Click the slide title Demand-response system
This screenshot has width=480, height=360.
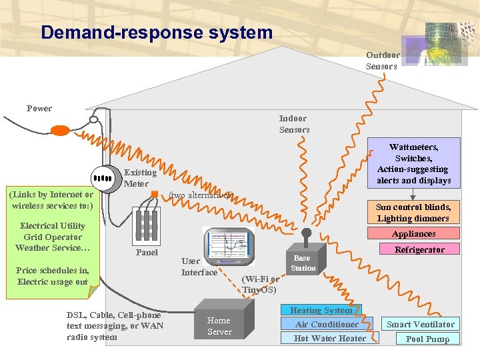coord(156,32)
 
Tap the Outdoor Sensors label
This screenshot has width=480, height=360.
coord(382,61)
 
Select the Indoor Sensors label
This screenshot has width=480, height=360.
coord(294,125)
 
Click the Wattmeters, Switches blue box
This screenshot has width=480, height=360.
coord(413,163)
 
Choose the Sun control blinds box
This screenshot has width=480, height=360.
coord(413,213)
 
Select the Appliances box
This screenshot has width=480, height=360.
coord(413,233)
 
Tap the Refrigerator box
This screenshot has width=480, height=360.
coord(419,249)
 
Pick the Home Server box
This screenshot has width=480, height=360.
coord(219,326)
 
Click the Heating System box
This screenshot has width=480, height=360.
coord(321,310)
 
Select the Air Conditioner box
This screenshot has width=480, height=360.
coord(327,324)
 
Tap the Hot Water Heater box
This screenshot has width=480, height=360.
coord(330,338)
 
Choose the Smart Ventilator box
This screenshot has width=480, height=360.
coord(421,325)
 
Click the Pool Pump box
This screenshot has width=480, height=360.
coord(428,339)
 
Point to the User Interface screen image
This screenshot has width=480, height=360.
coord(229,247)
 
